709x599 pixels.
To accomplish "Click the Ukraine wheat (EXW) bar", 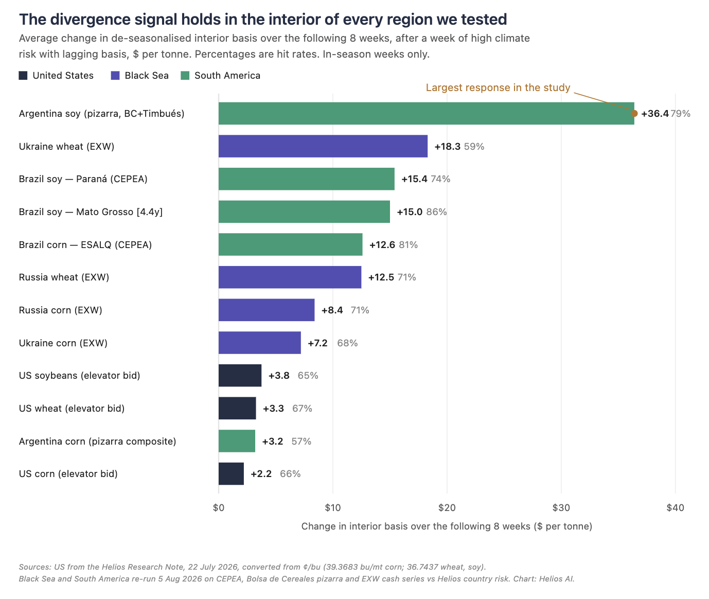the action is (323, 146).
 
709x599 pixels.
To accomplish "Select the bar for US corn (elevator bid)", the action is (231, 473).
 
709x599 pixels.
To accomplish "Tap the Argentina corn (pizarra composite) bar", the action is (237, 441).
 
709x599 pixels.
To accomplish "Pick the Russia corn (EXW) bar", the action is (266, 310).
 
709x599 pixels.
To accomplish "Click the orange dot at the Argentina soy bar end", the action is (634, 113).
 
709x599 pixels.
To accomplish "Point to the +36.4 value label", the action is (654, 113).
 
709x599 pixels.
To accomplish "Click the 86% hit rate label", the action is (436, 212).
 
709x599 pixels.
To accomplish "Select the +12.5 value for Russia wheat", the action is (381, 277).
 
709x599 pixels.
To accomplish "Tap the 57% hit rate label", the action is (301, 441).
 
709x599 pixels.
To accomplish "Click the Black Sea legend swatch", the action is (115, 75).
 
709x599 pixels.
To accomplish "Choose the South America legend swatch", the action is (185, 75).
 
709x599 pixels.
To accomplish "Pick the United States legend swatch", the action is (23, 75).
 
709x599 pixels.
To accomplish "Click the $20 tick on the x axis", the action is (447, 507).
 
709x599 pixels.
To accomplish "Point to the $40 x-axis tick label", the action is (675, 507).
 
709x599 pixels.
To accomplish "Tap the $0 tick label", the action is (218, 507).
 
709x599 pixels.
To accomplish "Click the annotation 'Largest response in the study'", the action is (498, 87).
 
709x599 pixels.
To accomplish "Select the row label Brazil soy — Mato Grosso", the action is (91, 212).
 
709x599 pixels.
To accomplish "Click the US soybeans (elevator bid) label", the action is (79, 376).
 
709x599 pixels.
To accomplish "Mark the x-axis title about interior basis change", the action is (447, 526).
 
